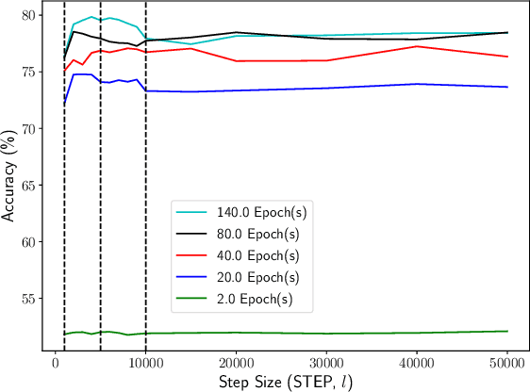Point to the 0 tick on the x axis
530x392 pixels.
pyautogui.click(x=56, y=362)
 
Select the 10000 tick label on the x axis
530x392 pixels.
pyautogui.click(x=145, y=362)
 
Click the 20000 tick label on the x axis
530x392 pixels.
pyautogui.click(x=236, y=362)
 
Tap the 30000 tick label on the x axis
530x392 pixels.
pyautogui.click(x=326, y=362)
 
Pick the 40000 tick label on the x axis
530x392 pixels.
pyautogui.click(x=417, y=362)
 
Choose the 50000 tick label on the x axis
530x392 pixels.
pyautogui.click(x=506, y=362)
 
